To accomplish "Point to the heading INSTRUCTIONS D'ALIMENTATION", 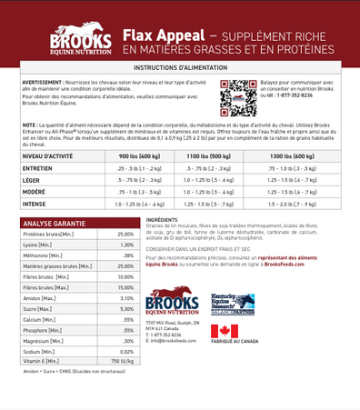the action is click(x=179, y=68).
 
